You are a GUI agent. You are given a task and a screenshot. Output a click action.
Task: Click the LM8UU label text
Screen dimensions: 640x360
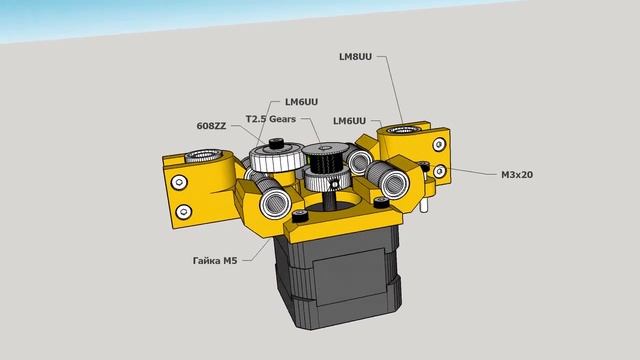coord(355,57)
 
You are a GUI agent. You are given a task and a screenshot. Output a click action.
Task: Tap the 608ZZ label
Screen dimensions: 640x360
coord(211,126)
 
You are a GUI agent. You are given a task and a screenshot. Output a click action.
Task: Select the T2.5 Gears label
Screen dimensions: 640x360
coord(271,119)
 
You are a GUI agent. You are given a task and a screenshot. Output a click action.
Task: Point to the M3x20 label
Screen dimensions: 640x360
coord(517,175)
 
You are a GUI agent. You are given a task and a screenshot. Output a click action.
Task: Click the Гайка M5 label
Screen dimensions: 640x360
coord(215,260)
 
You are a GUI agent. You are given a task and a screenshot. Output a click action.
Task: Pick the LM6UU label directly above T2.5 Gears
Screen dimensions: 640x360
coord(301,102)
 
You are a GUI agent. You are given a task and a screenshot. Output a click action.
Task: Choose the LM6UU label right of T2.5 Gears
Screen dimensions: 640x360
coord(349,121)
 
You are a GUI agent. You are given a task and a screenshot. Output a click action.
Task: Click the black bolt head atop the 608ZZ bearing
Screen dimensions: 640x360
coord(276,143)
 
